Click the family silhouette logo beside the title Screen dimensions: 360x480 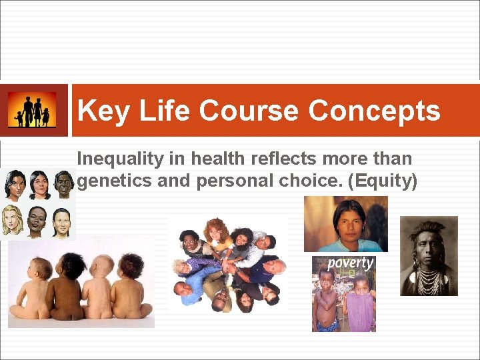[x=32, y=110]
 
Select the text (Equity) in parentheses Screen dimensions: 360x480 [x=383, y=181]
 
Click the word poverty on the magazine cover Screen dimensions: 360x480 [x=349, y=263]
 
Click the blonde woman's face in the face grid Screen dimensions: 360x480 [x=13, y=221]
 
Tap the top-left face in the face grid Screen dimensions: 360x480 [x=14, y=184]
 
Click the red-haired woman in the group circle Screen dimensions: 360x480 [x=215, y=230]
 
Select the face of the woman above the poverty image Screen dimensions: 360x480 [x=349, y=220]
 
